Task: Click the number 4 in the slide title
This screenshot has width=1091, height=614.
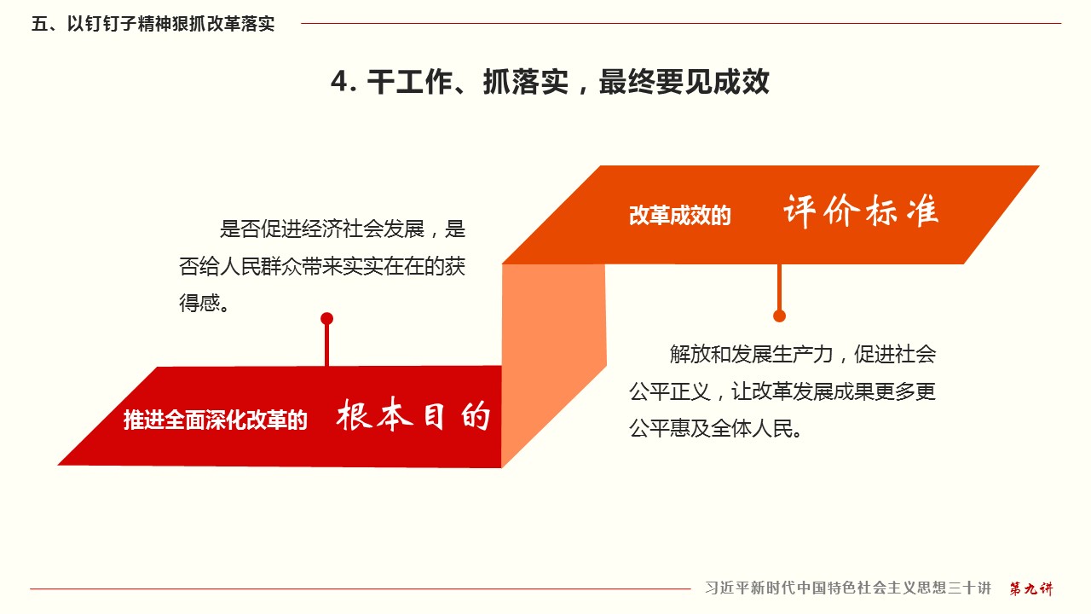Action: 340,81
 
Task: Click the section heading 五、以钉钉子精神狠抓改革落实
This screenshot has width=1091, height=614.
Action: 153,23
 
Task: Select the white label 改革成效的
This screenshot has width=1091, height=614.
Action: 680,216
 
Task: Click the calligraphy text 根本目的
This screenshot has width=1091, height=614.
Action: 413,414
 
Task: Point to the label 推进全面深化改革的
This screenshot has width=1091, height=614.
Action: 216,420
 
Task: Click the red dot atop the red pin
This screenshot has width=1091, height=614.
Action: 326,319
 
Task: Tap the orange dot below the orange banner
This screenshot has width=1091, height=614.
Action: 779,316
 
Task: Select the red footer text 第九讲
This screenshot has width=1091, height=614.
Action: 1031,588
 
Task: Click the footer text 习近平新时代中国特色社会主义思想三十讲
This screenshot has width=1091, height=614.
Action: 848,588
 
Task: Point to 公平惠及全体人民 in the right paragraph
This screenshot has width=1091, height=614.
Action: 711,429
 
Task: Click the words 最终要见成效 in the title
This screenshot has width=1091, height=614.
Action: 684,81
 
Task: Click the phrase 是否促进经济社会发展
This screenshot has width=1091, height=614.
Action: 322,229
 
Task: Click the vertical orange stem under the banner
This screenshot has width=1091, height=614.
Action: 779,287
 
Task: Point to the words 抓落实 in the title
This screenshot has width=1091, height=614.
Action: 526,81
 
